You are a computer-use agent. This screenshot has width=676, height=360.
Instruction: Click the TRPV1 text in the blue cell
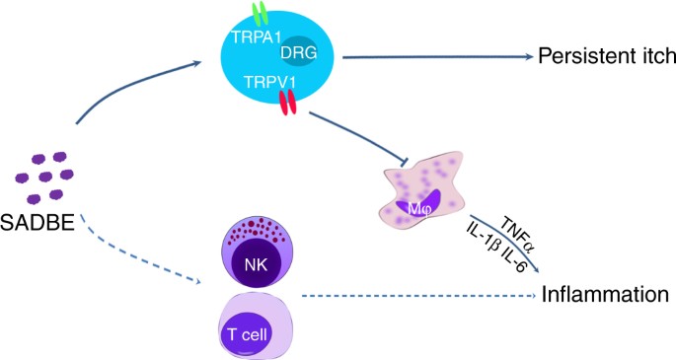(x=250, y=86)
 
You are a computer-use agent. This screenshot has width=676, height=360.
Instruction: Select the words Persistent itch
(x=597, y=57)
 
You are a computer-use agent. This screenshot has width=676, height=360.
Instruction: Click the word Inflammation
(x=599, y=294)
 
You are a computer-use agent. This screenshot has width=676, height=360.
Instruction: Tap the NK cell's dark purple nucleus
(x=255, y=263)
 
